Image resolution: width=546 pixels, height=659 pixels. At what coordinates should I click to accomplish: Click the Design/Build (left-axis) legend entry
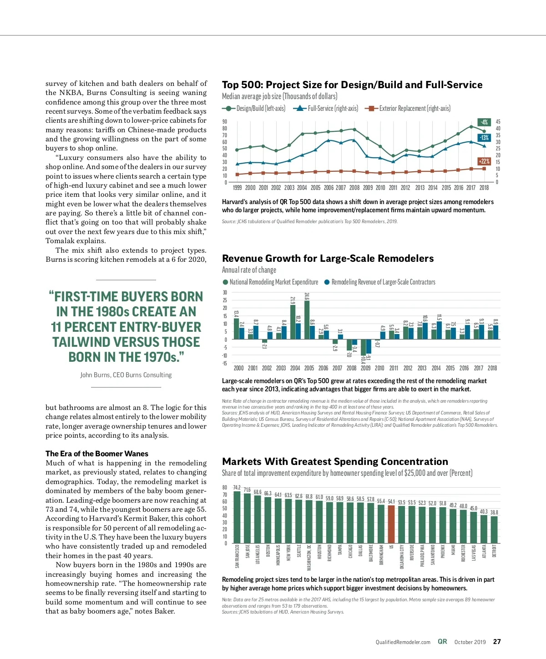(254, 109)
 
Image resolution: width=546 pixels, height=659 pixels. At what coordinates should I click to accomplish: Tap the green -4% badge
(484, 122)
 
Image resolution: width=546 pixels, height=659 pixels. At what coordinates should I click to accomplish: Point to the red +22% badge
(484, 161)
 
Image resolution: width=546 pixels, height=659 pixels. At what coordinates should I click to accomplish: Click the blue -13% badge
(484, 138)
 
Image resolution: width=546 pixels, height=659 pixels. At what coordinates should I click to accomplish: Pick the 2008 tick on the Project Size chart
(354, 188)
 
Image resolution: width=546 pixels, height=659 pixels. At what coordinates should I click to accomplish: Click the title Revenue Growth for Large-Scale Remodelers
(328, 259)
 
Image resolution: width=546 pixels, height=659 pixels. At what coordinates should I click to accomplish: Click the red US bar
(391, 524)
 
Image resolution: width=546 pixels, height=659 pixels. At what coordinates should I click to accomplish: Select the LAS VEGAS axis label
(474, 553)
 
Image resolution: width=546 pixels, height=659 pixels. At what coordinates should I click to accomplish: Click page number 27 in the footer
(497, 642)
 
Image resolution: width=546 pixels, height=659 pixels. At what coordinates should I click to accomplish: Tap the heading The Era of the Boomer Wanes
(97, 454)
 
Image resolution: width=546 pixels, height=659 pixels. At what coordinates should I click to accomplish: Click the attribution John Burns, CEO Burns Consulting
(126, 375)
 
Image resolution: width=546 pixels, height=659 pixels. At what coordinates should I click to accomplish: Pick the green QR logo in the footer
(442, 642)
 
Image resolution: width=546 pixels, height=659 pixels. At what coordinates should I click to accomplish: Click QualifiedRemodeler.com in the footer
(403, 642)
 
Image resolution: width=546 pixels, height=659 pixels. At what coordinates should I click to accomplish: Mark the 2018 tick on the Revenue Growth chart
(492, 368)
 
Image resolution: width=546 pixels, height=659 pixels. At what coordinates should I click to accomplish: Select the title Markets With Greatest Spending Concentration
(335, 462)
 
